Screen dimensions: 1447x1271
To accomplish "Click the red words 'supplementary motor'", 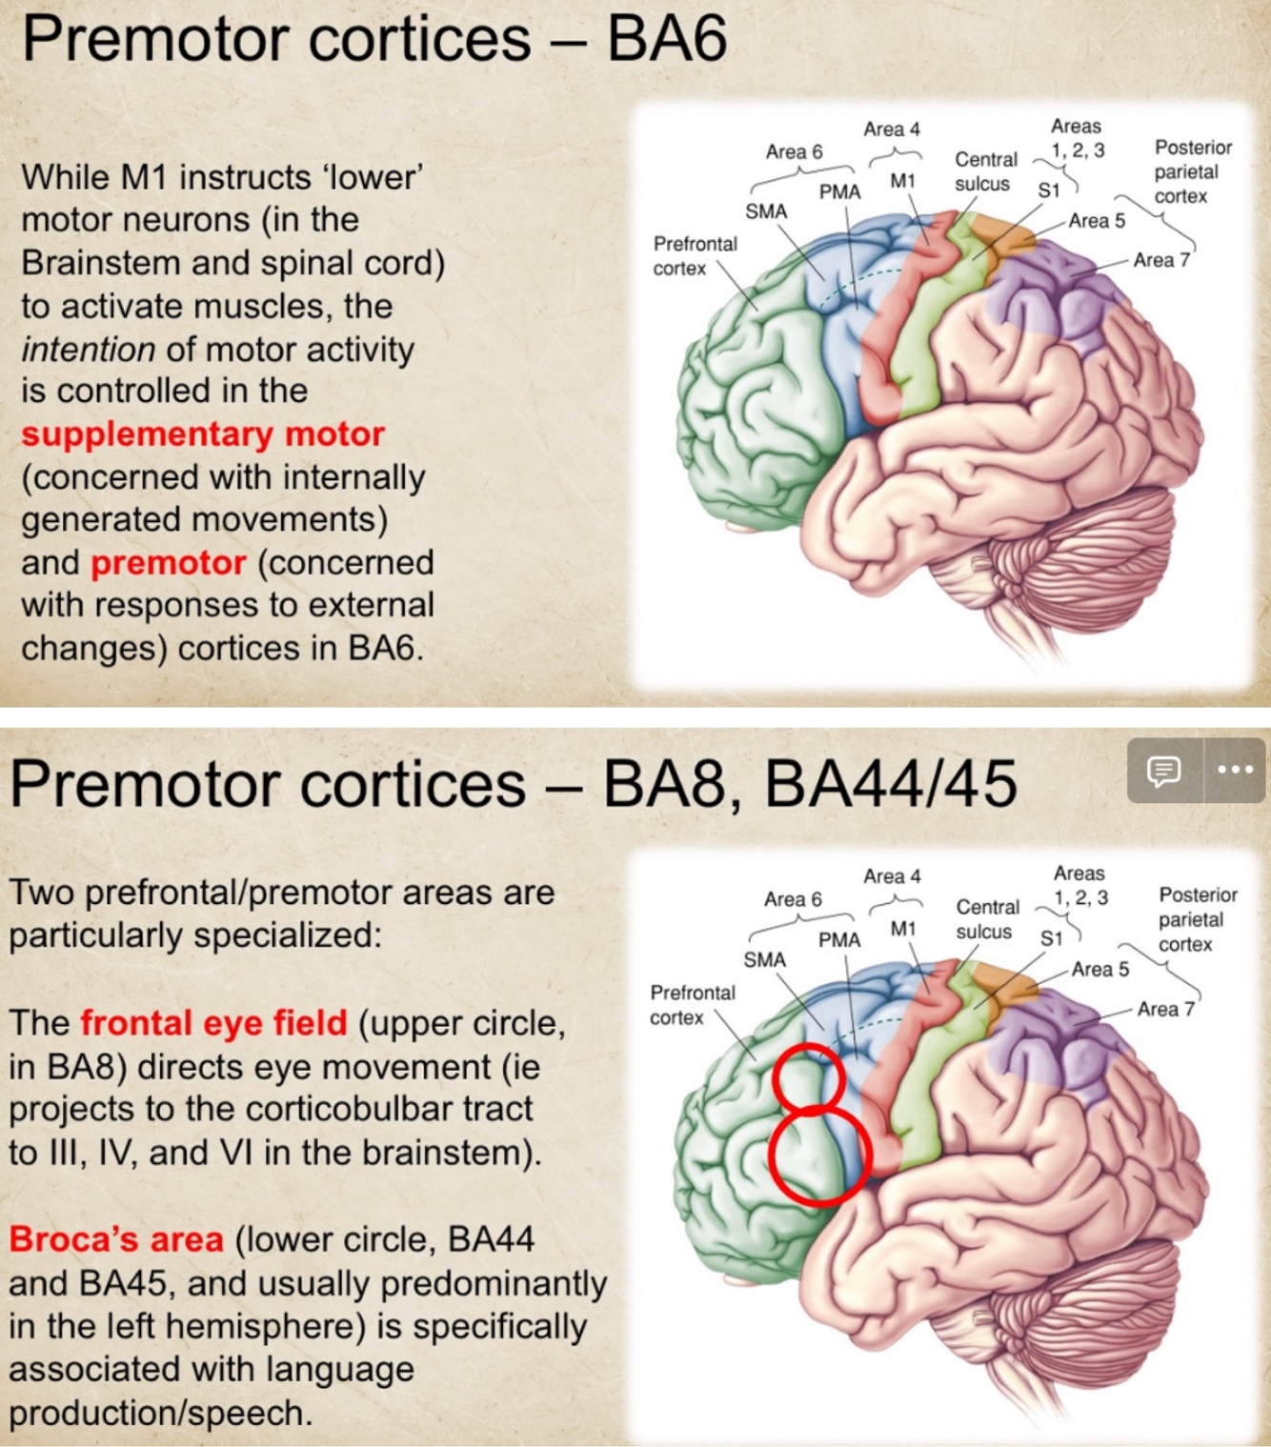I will click(203, 434).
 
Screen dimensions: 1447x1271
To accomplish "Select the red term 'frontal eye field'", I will click(213, 1023).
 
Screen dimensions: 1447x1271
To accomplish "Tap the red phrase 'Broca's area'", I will click(116, 1239).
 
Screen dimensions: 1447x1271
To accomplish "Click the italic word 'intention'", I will click(88, 350).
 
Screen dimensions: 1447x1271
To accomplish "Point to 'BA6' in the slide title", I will click(667, 40).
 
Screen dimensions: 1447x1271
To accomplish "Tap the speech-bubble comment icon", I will click(1163, 770).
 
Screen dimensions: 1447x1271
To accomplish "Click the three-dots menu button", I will click(1235, 770).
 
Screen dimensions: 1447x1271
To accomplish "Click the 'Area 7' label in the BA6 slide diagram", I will click(1160, 260).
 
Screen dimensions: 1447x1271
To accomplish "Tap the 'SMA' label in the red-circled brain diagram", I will click(764, 959).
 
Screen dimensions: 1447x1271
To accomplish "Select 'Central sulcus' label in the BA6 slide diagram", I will click(985, 171).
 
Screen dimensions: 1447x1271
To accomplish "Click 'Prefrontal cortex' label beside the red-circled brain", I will click(692, 1005).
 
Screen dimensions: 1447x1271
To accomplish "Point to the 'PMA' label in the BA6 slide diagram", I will click(839, 192).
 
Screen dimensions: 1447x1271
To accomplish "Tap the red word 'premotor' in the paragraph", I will click(169, 563).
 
